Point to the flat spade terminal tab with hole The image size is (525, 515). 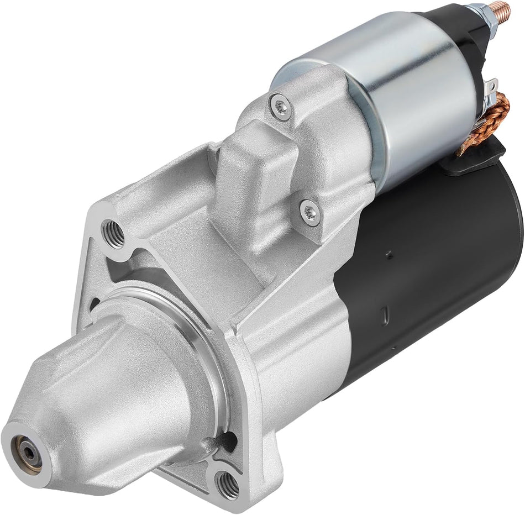(x=491, y=88)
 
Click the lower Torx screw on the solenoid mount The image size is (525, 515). (x=310, y=213)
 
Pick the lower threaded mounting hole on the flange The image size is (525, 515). (x=227, y=484)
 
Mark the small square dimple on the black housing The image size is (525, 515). (x=390, y=255)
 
